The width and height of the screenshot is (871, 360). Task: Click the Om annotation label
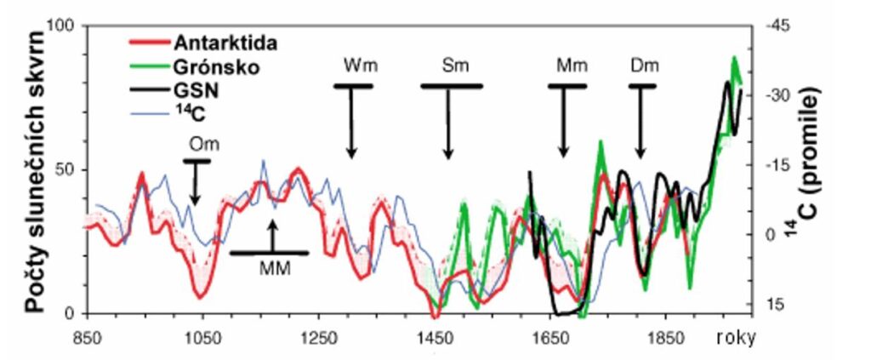[196, 144]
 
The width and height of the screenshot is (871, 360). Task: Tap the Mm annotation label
[566, 66]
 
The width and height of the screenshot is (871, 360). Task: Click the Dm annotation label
[644, 66]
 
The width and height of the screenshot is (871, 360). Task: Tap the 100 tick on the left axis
[66, 26]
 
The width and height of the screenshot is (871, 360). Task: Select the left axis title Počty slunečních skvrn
[37, 170]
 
